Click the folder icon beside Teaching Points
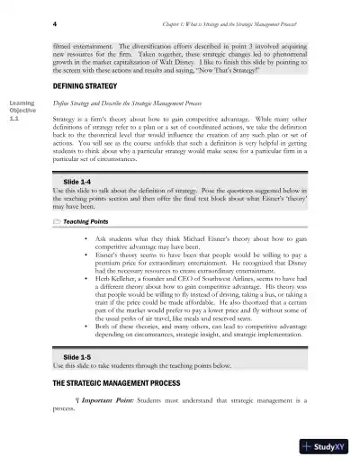(58, 219)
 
